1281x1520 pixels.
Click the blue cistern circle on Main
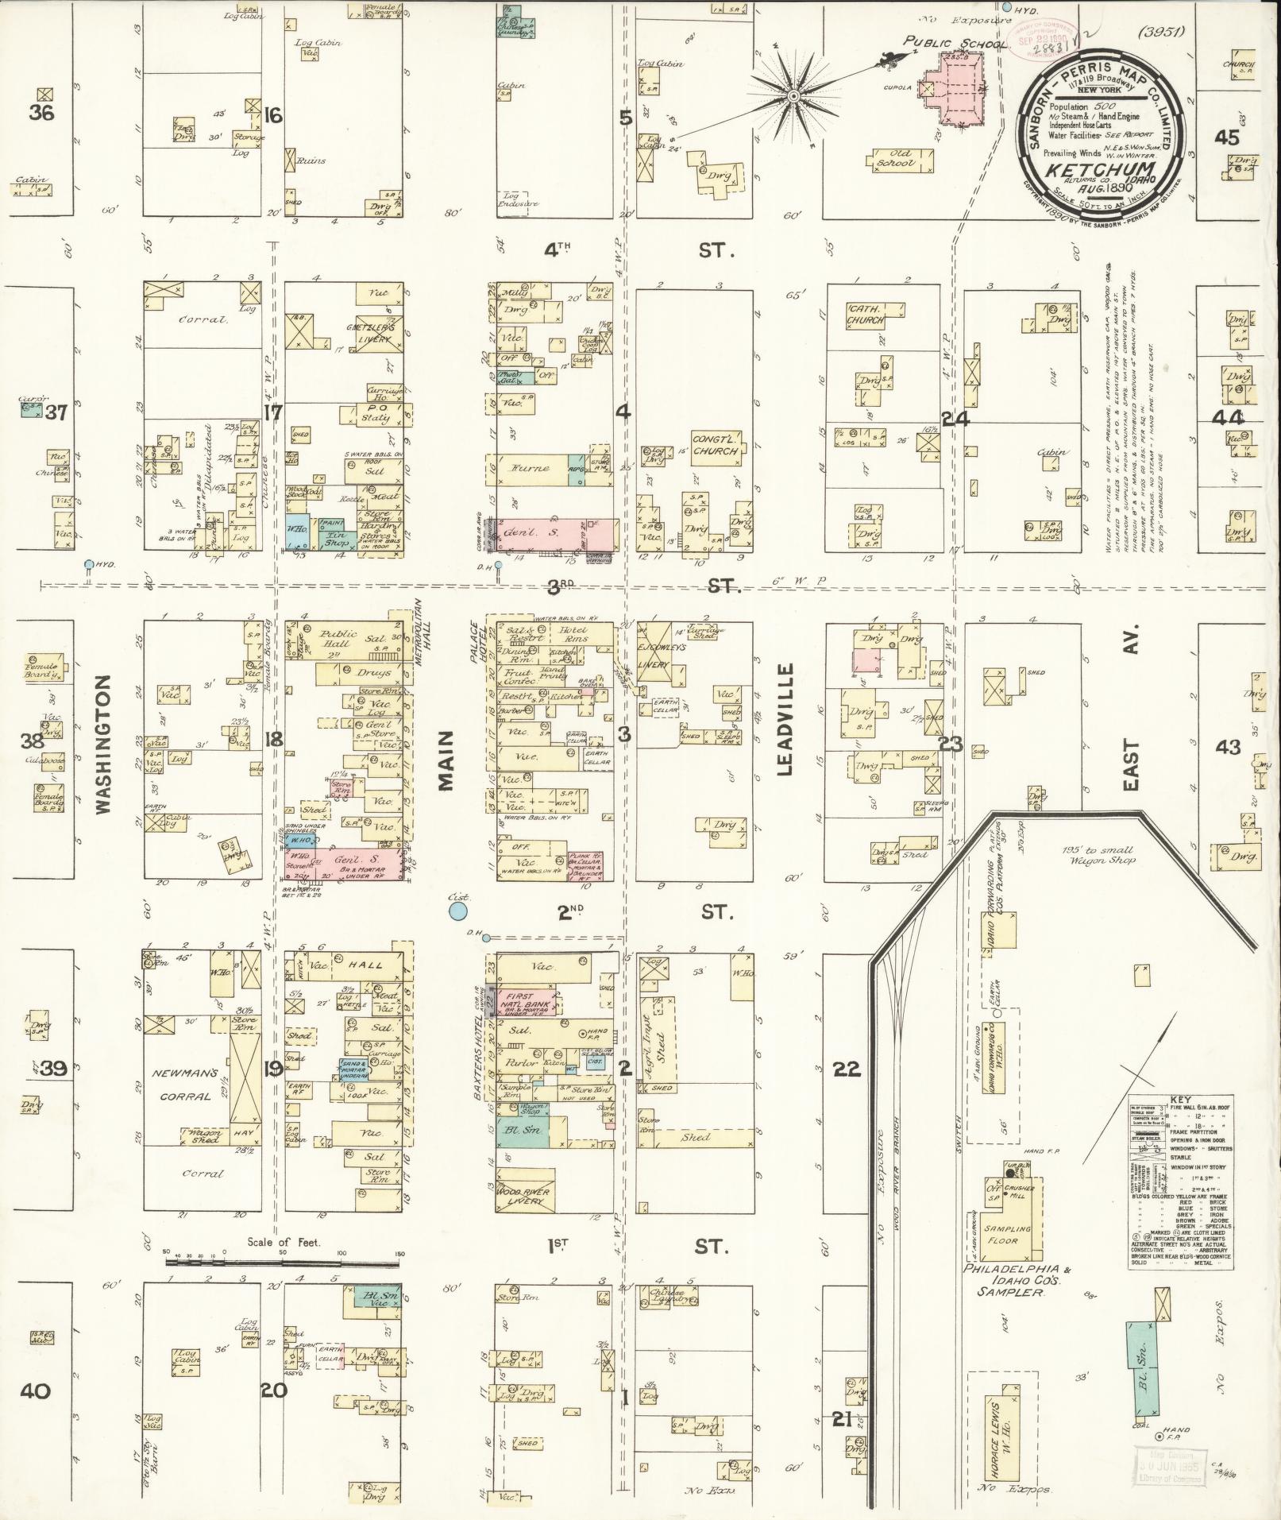click(457, 911)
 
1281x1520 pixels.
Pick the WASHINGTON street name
click(104, 744)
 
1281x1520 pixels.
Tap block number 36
click(41, 114)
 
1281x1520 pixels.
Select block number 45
click(1226, 137)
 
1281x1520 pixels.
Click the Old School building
click(900, 161)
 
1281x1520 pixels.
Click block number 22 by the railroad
click(847, 1069)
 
